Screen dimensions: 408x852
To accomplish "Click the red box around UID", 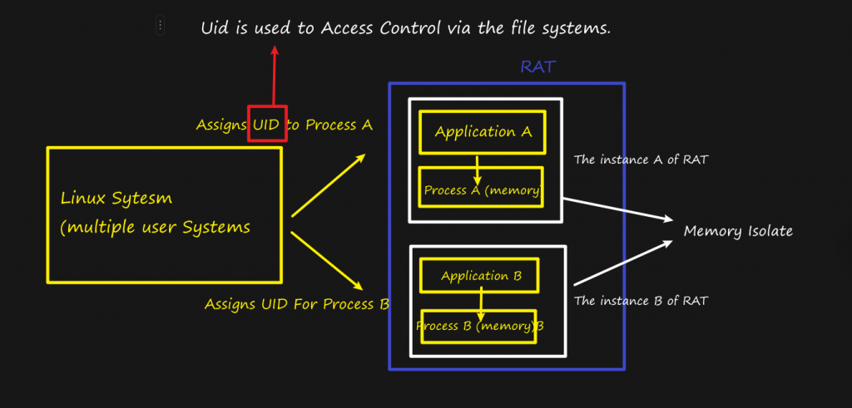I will click(267, 123).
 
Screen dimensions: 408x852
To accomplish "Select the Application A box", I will click(483, 131).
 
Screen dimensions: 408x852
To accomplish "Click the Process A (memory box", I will click(481, 190).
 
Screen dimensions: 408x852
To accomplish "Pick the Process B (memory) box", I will click(479, 326).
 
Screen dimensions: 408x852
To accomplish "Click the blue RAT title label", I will click(537, 67).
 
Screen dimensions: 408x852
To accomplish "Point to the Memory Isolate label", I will click(738, 231).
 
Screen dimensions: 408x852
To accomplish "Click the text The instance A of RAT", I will click(641, 160).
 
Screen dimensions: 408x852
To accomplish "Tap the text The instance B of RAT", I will click(641, 301).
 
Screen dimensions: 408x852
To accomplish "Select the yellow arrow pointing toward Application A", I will click(329, 184).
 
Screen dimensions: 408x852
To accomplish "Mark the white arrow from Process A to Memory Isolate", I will click(617, 209).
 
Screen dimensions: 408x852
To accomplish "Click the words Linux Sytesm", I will click(120, 199).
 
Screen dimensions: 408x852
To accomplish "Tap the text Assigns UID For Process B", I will click(297, 304).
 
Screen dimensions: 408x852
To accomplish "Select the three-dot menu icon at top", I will click(161, 26).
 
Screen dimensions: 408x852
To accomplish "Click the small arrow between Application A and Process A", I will click(478, 170).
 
